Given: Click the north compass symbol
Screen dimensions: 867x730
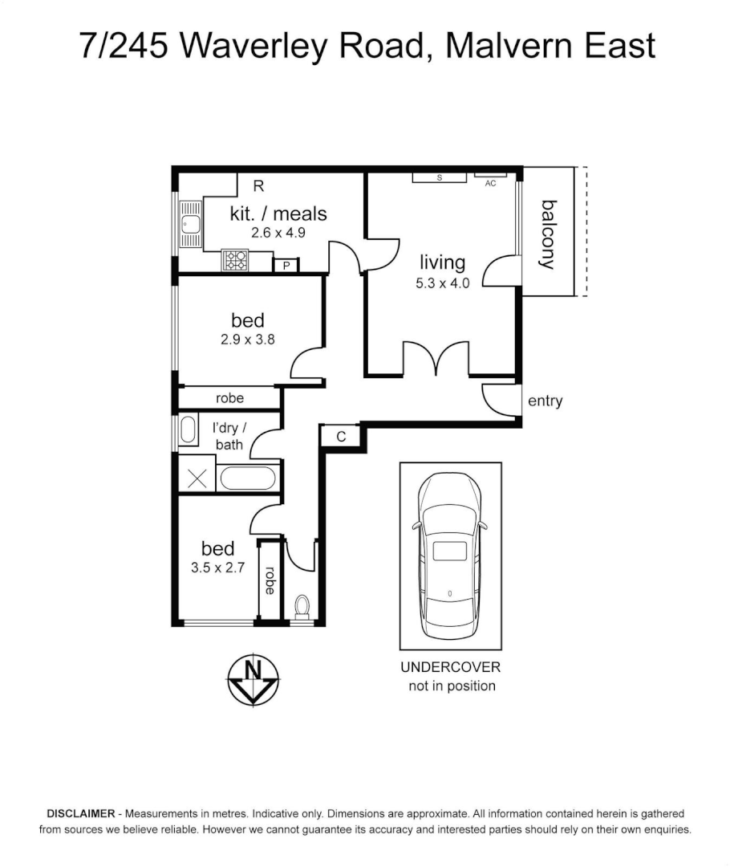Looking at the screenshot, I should click(x=253, y=679).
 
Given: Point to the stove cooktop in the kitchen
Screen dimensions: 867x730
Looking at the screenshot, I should click(x=236, y=260).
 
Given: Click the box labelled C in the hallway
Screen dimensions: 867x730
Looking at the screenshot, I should click(x=341, y=436).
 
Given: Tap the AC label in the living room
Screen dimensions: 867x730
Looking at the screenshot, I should click(x=491, y=183).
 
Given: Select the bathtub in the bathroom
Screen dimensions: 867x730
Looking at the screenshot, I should click(x=248, y=478).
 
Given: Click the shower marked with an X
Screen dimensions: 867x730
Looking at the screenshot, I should click(x=197, y=479).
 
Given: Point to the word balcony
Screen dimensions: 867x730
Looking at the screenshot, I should click(x=549, y=234).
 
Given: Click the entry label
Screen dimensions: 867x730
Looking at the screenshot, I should click(x=545, y=401).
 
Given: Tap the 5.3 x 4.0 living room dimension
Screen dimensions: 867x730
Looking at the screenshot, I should click(x=442, y=283).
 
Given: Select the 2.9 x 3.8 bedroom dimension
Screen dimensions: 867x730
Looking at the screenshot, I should click(x=248, y=339).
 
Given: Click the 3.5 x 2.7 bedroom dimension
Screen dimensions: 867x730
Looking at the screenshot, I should click(x=217, y=567).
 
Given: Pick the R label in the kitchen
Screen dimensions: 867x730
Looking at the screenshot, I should click(x=258, y=186).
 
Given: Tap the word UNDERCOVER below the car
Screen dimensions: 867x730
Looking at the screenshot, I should click(x=450, y=667).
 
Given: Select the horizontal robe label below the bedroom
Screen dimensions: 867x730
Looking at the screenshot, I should click(x=229, y=398).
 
